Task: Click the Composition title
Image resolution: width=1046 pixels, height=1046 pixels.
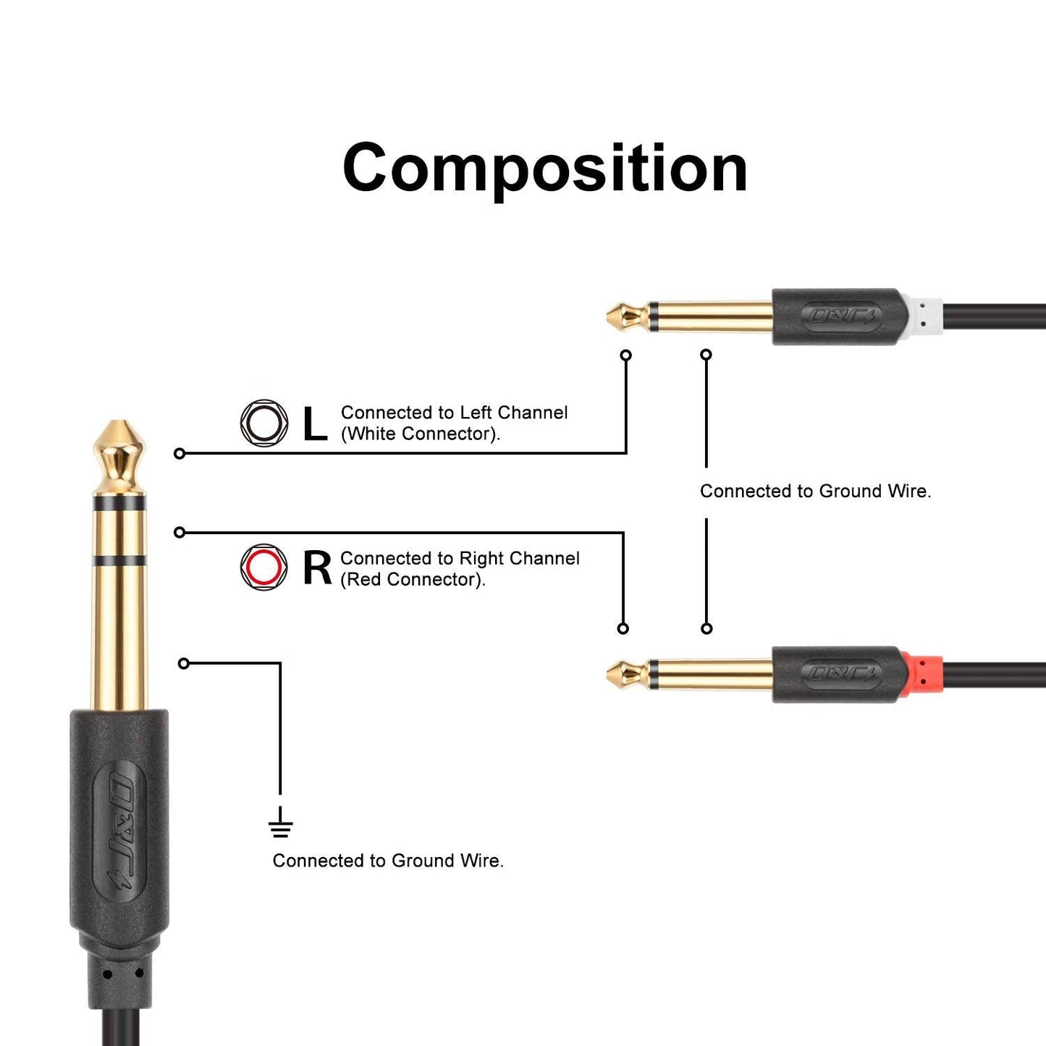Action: pos(544,168)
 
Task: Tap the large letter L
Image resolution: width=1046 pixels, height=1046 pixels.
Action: pos(315,423)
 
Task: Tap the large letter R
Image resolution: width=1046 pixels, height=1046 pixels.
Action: pos(317,568)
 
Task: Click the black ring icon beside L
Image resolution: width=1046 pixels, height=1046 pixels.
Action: pos(263,423)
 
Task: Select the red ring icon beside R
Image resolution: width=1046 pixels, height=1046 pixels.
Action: pos(263,567)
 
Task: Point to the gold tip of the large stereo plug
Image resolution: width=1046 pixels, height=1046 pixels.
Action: pos(119,452)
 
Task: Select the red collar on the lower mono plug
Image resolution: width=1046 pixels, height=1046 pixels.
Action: pos(924,675)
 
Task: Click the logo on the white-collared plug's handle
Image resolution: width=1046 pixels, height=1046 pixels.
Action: pos(841,316)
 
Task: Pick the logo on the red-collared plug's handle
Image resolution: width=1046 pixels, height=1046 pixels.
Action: pos(841,675)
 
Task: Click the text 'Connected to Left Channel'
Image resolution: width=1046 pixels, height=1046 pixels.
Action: pos(454,413)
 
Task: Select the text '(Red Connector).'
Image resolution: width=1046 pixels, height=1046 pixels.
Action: pos(413,579)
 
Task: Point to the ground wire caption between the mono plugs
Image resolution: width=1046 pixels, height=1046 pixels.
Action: pos(815,492)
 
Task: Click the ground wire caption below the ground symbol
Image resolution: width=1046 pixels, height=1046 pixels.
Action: pos(388,861)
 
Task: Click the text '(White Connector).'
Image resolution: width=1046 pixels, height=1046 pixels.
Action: pos(421,434)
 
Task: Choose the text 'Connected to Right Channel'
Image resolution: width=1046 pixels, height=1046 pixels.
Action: pos(460,558)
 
